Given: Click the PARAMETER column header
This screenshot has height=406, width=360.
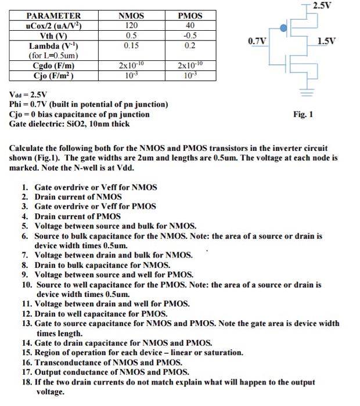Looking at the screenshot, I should click(x=54, y=16).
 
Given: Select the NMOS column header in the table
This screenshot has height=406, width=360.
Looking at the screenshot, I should click(x=131, y=16).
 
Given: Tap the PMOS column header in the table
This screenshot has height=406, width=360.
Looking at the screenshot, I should click(x=190, y=16).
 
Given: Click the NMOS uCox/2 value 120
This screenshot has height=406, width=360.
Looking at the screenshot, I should click(x=131, y=25).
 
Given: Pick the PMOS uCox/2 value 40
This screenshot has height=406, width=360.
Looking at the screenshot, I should click(x=190, y=25).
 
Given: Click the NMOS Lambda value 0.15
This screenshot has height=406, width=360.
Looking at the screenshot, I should click(x=131, y=44).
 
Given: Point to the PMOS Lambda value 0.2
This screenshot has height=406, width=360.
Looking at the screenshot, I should click(x=190, y=44).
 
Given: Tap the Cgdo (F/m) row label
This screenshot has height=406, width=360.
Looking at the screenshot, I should click(x=54, y=66).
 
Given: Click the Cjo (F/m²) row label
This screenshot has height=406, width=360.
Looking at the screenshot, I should click(x=54, y=75).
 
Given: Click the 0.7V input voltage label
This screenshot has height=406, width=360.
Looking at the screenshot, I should click(x=257, y=41).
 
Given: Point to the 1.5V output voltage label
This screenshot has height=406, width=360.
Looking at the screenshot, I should click(x=326, y=41).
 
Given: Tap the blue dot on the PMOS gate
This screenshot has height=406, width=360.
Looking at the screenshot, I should click(x=283, y=27).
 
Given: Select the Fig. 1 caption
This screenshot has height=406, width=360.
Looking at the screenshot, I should click(x=304, y=114).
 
